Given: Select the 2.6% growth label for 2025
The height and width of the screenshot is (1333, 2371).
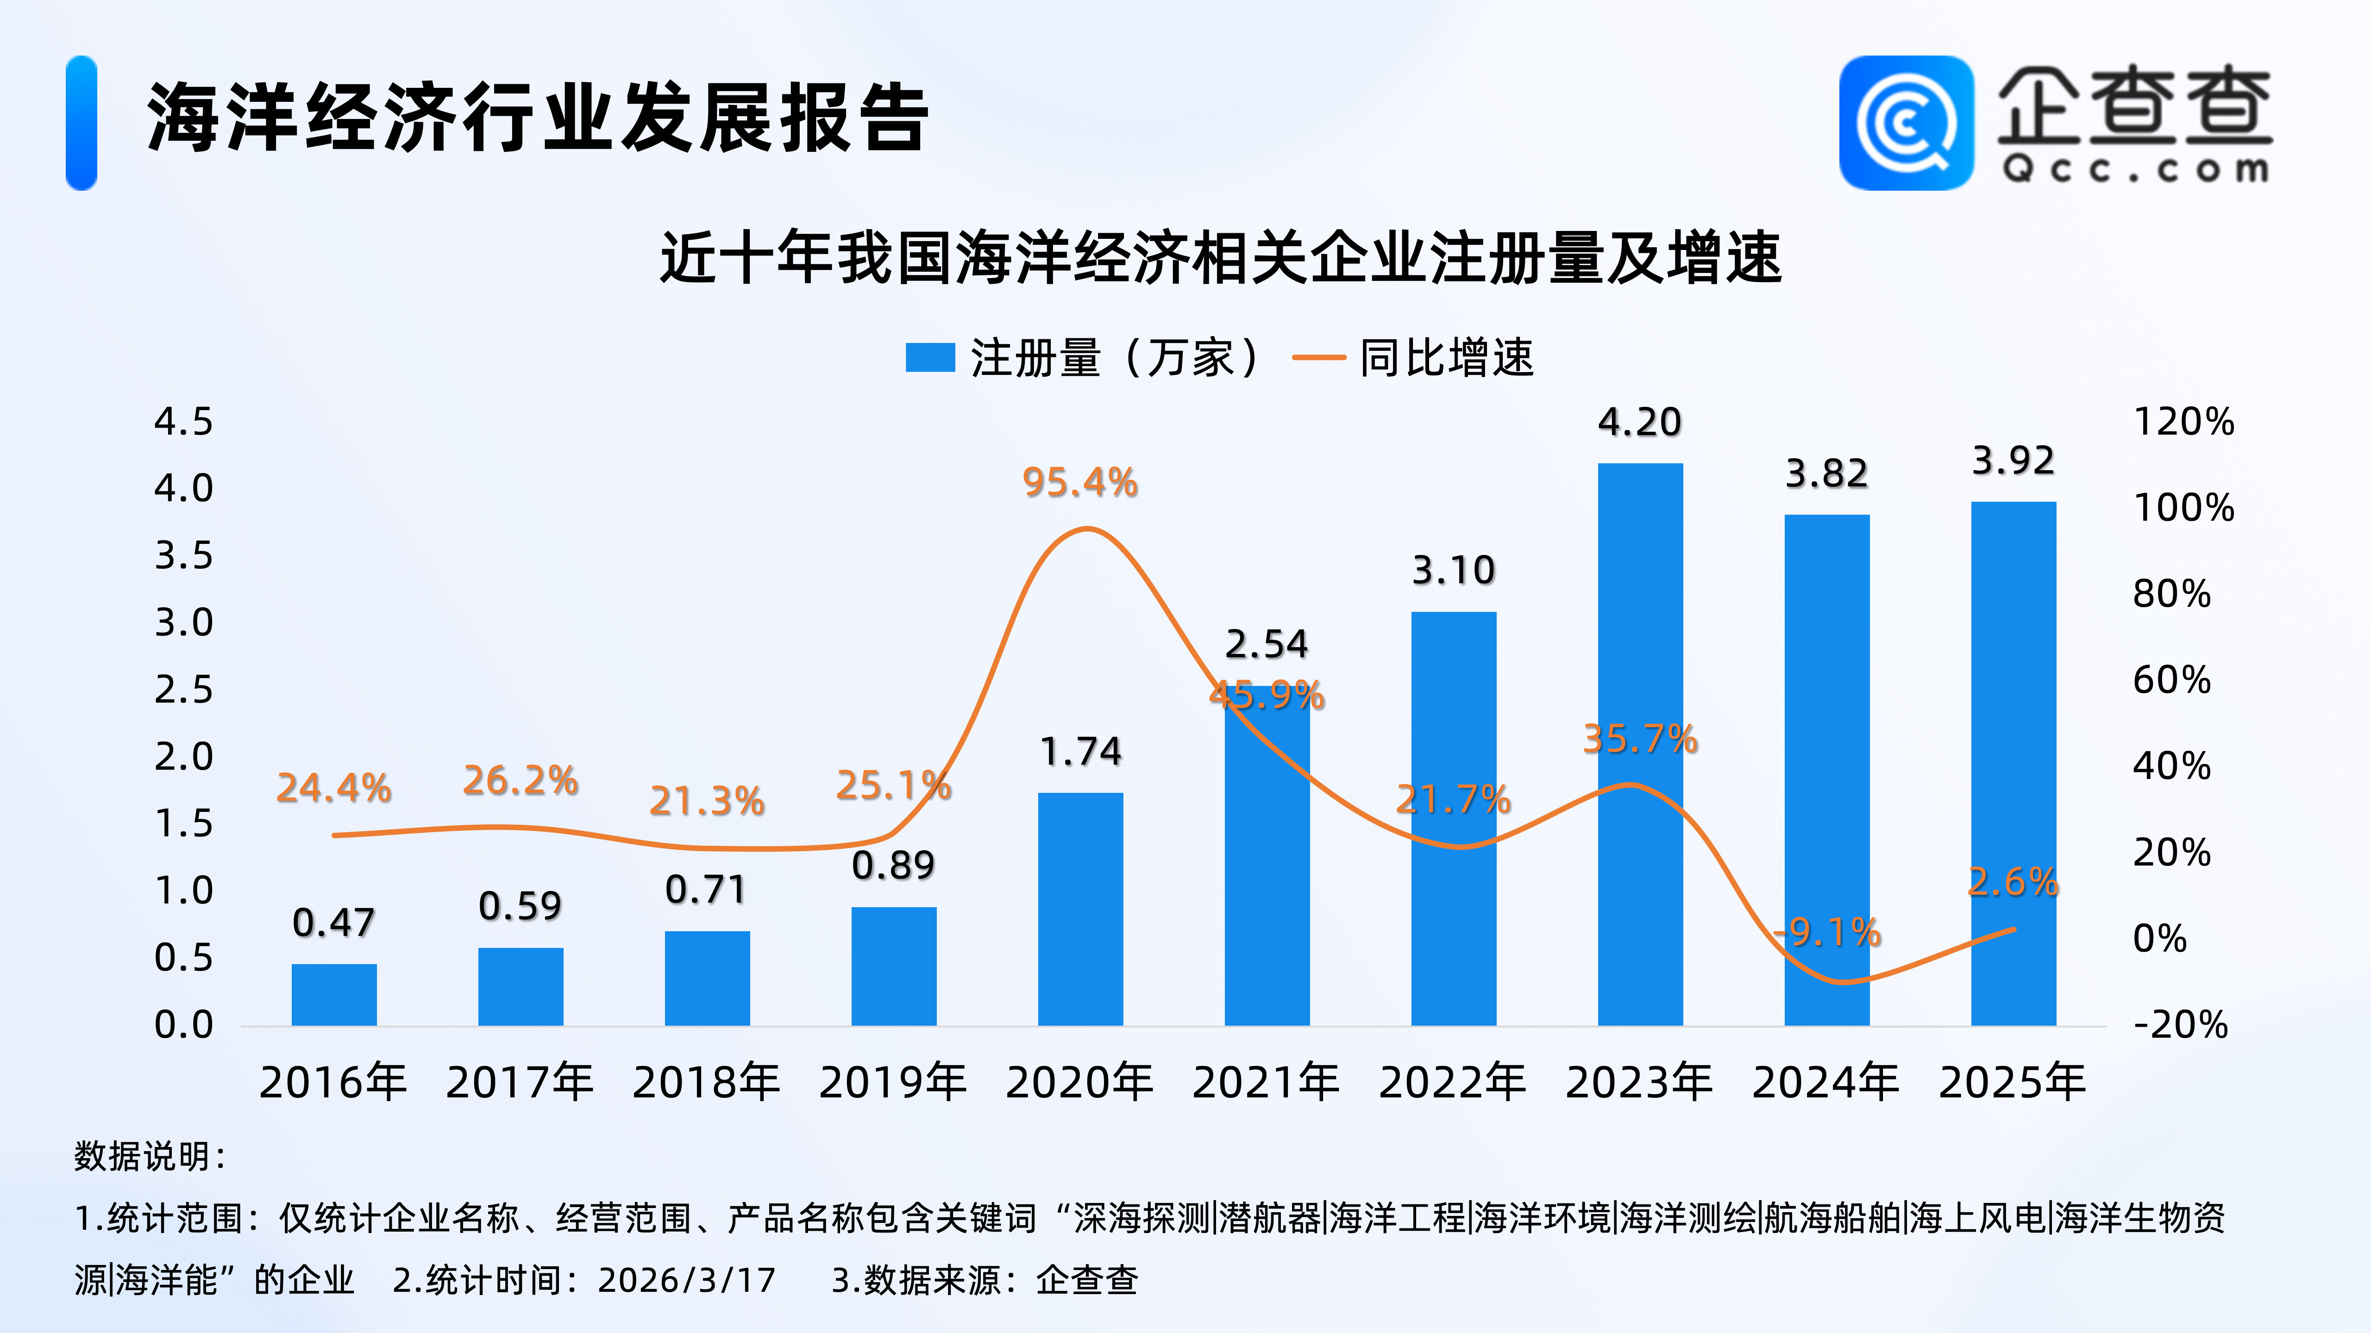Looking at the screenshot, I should [2013, 881].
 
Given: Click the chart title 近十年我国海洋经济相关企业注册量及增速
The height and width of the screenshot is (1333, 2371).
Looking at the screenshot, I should [1221, 258].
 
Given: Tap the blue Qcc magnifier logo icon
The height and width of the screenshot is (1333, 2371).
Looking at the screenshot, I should [1905, 123].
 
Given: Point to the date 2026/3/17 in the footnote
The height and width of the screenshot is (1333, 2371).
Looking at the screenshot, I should [687, 1280].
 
